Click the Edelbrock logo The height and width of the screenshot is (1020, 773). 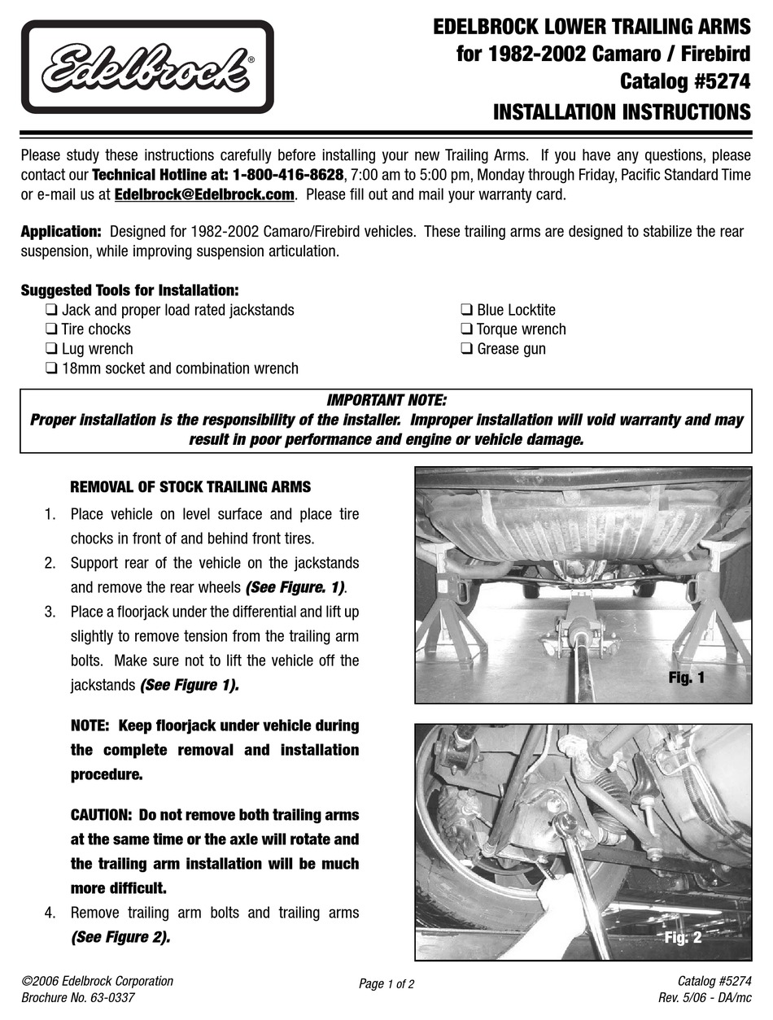[147, 67]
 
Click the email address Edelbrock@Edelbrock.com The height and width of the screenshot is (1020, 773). [204, 194]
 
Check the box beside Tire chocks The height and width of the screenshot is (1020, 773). [51, 329]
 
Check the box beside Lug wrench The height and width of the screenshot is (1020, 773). [51, 349]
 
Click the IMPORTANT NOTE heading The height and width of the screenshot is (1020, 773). [386, 400]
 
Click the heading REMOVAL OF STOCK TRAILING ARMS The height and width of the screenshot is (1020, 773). [190, 487]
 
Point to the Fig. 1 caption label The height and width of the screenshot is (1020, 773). [686, 677]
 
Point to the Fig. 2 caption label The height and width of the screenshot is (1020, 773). [682, 937]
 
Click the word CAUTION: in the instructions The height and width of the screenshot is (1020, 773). [102, 814]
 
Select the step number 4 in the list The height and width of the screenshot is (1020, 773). [50, 913]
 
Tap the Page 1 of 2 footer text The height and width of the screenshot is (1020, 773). [386, 983]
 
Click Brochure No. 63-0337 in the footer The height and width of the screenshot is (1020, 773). [78, 997]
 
